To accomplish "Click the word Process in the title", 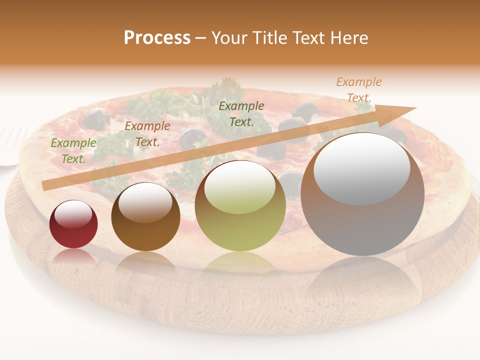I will click(157, 38).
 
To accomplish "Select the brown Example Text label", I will click(147, 134).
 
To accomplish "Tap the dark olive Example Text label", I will click(241, 113).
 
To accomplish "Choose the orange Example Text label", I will click(358, 90).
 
